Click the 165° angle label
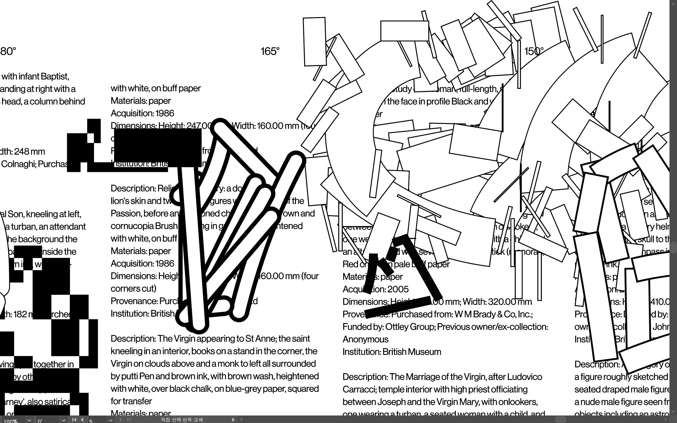point(270,51)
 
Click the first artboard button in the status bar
point(74,420)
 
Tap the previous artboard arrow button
point(82,420)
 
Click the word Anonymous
point(365,339)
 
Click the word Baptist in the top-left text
point(55,76)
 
